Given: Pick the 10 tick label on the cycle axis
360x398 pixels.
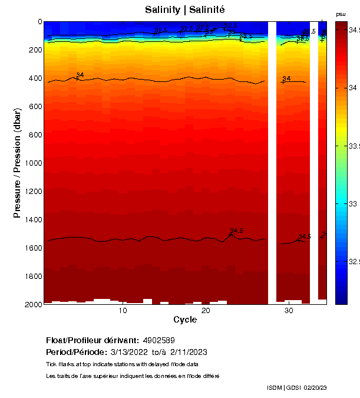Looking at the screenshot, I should coord(123,311).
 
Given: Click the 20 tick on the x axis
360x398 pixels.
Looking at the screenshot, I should coord(206,311).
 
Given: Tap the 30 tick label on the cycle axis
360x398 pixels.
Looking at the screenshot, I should coord(289,311).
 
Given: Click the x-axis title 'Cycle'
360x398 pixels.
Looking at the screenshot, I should coord(184,320).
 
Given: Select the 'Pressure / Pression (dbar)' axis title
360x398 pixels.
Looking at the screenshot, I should coord(17,163).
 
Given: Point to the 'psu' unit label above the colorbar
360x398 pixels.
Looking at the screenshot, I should coord(341,14).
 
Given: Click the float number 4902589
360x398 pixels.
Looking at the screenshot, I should coord(158,341).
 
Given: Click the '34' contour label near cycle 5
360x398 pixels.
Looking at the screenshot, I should coord(80,75).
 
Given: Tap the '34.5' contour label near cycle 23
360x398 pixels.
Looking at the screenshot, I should coord(236,231).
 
